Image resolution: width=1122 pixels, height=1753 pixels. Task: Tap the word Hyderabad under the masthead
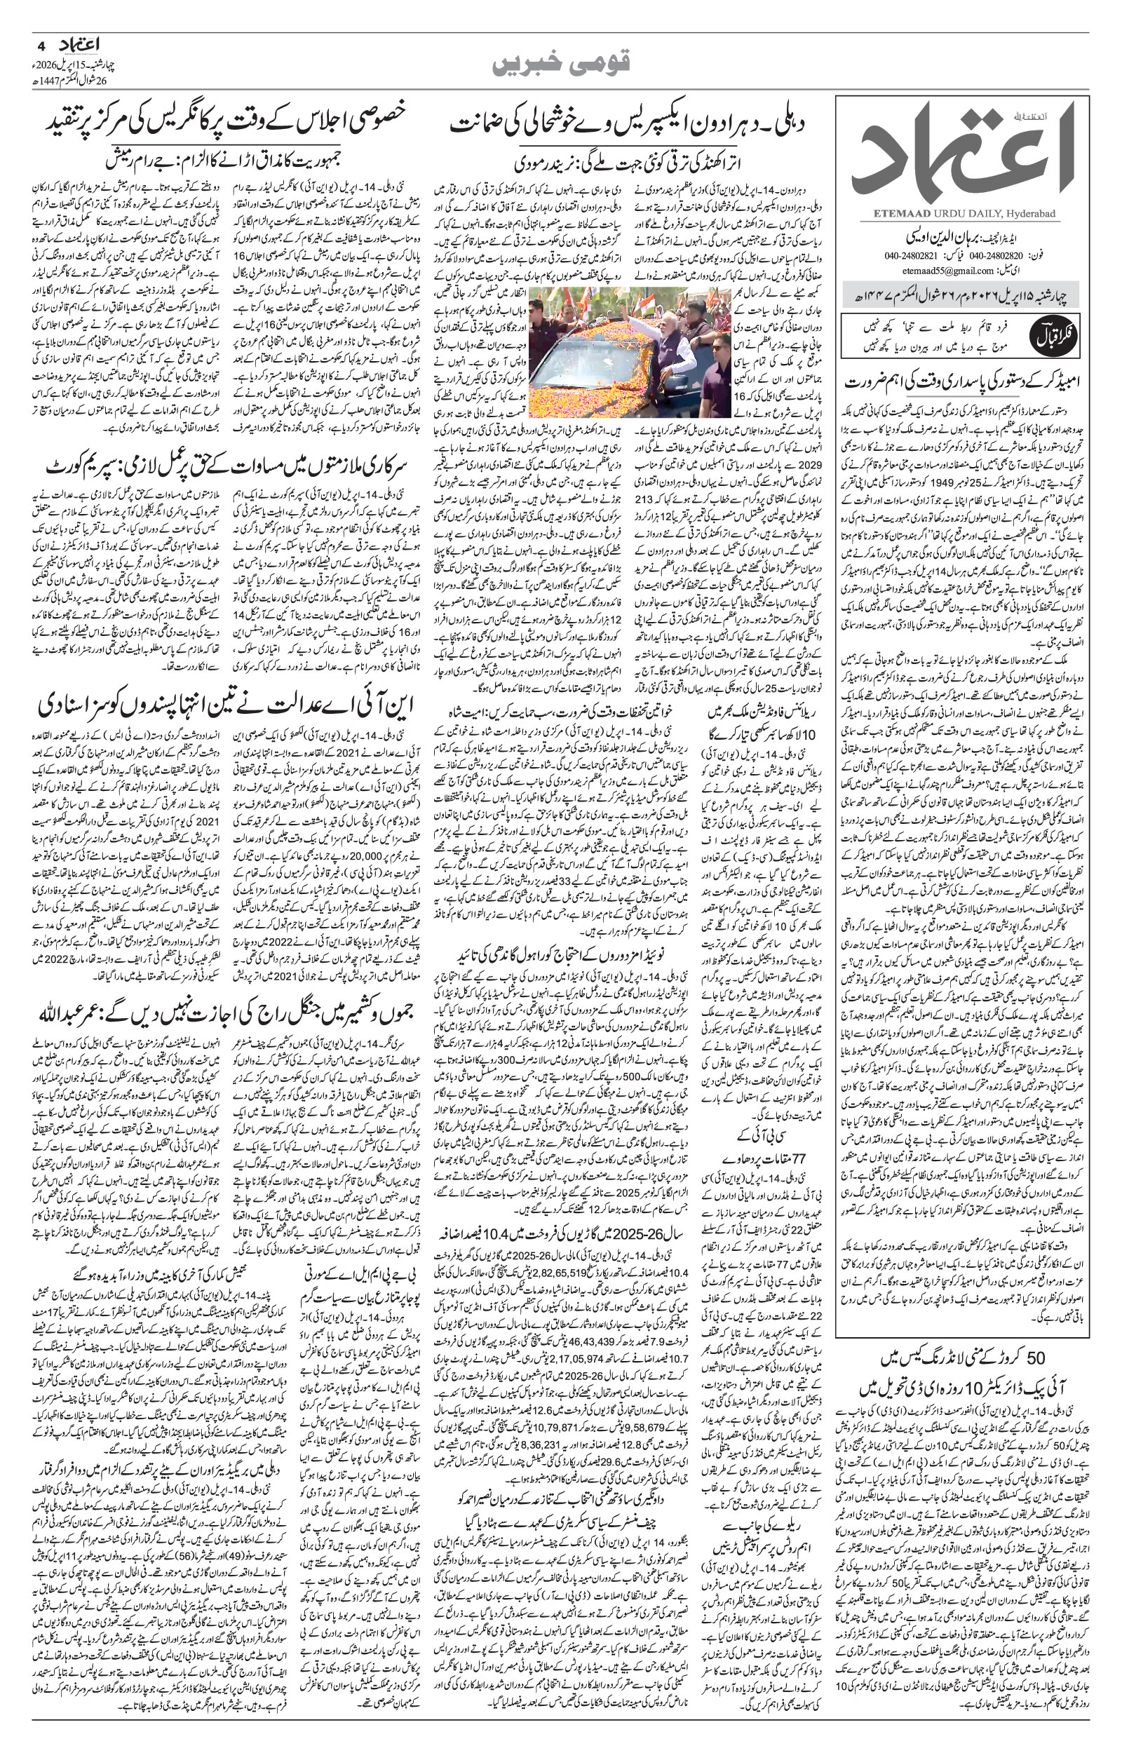pyautogui.click(x=1034, y=213)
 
